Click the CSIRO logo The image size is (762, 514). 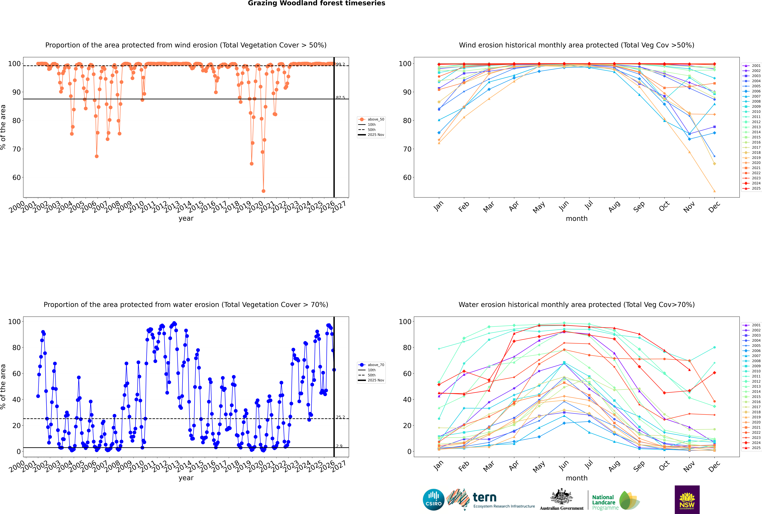pos(433,500)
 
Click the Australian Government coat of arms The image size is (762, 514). pos(562,498)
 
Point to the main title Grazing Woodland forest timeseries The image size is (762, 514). pos(316,3)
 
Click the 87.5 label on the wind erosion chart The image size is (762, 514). pos(340,98)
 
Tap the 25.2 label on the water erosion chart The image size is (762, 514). pos(340,417)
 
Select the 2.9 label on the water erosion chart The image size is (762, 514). pos(339,446)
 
